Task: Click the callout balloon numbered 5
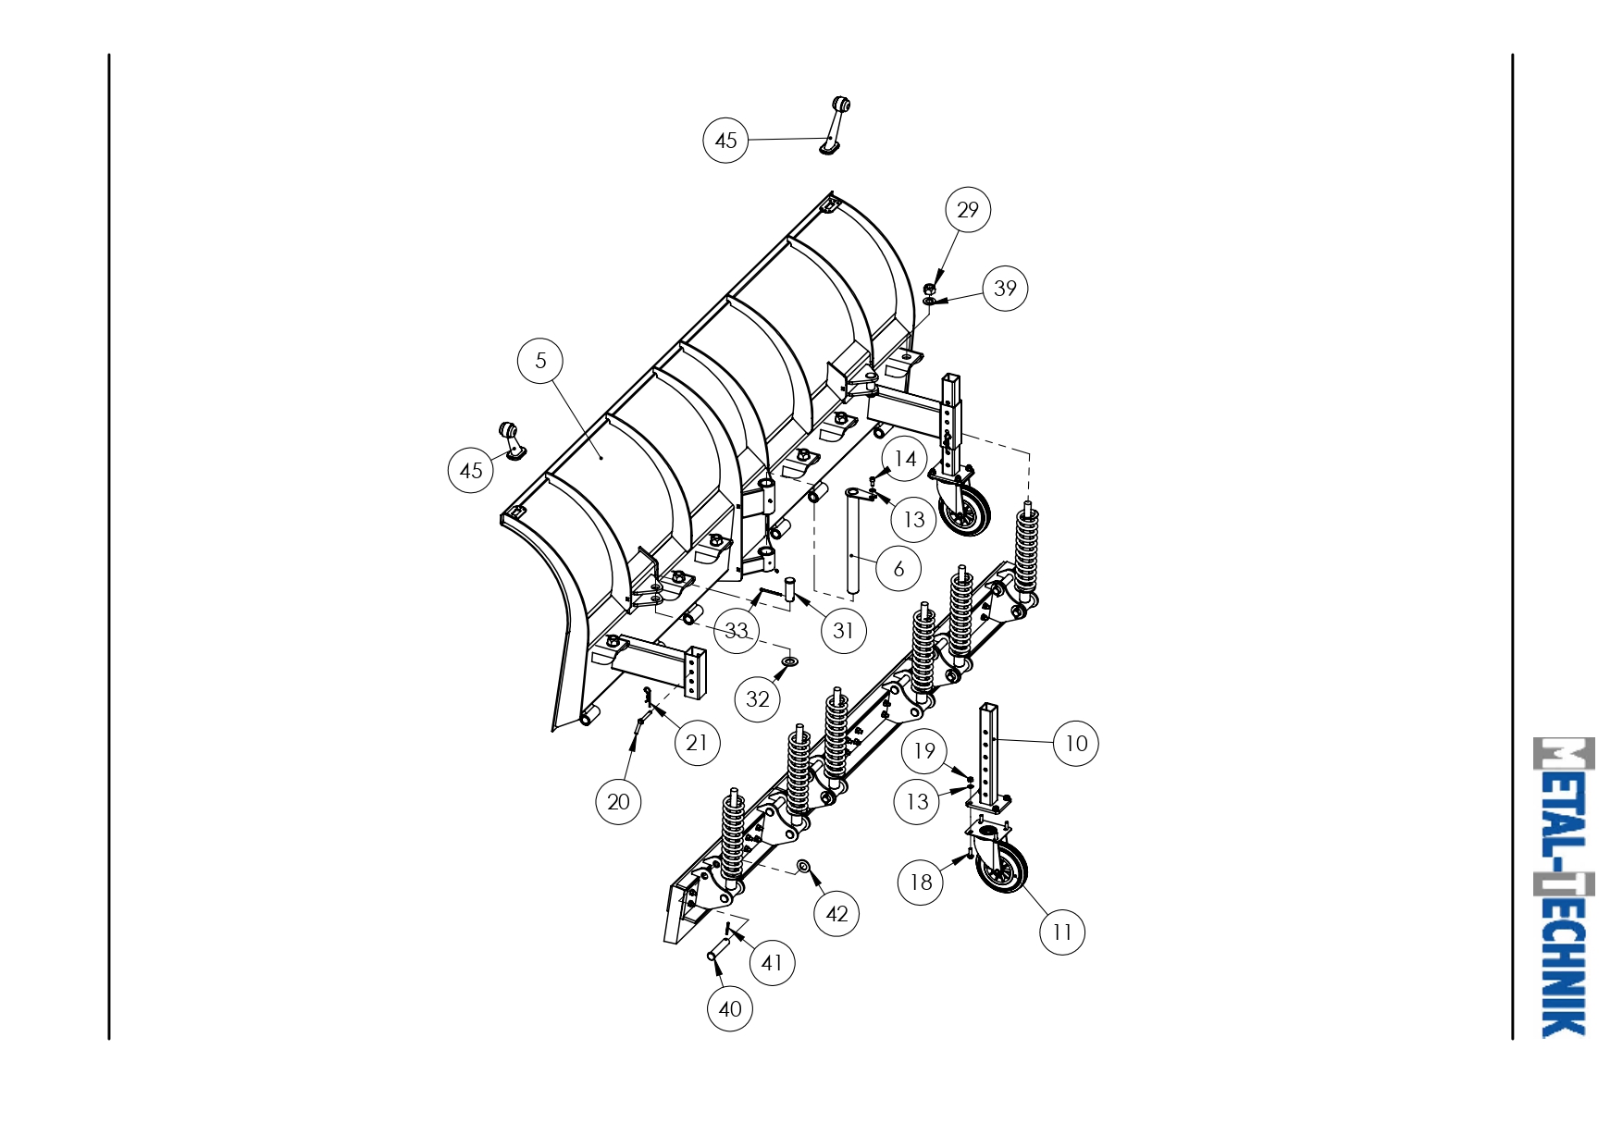coord(541,361)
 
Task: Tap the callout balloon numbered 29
coord(968,210)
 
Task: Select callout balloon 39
coord(1005,289)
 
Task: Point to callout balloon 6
coord(898,568)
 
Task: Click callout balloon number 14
coord(905,459)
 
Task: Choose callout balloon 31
coord(843,631)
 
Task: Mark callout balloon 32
coord(758,699)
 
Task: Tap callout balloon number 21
coord(697,743)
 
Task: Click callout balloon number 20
coord(618,802)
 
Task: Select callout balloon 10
coord(1076,744)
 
